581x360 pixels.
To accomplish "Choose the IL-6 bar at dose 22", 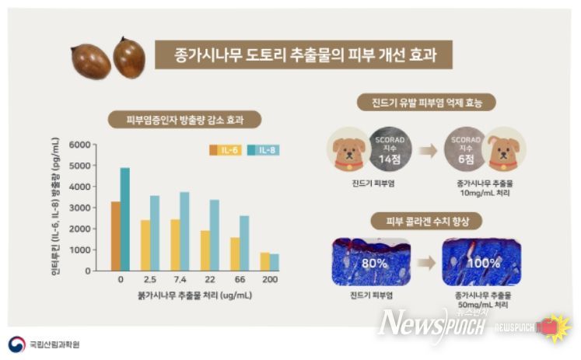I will [x=205, y=250].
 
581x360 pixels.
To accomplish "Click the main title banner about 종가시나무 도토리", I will [x=303, y=56].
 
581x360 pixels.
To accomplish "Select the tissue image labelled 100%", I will [x=481, y=262].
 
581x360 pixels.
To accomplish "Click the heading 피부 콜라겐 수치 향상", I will [x=426, y=221].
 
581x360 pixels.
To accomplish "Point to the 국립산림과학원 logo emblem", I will [x=16, y=343].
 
